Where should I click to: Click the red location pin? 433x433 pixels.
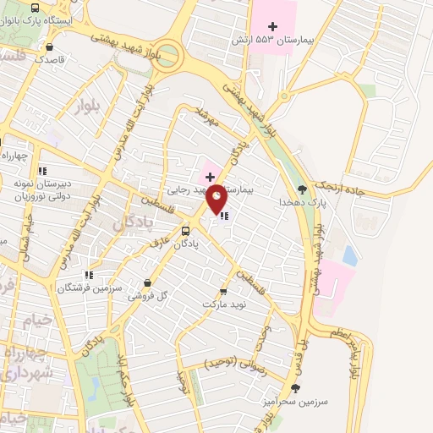pos(217,197)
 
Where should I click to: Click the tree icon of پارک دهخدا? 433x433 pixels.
pos(303,189)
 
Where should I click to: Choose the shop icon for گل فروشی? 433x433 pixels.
pos(147,283)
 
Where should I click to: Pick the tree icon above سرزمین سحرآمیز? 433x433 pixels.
pos(295,388)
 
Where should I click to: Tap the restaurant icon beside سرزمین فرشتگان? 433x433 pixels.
pos(88,275)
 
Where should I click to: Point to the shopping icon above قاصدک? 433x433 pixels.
pos(52,47)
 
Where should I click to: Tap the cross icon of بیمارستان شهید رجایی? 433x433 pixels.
pos(210,177)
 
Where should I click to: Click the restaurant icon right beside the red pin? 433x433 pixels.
pos(224,216)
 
